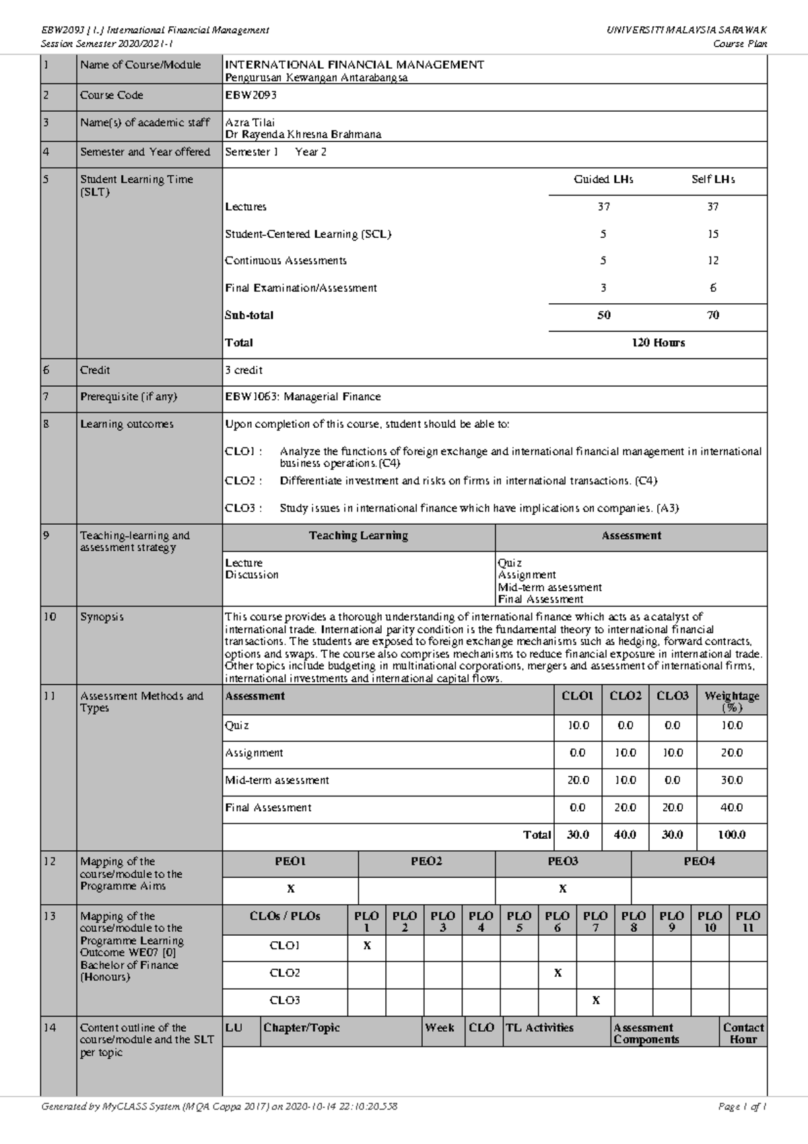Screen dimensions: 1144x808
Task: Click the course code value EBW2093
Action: pos(250,96)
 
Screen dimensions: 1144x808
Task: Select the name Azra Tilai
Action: pos(250,123)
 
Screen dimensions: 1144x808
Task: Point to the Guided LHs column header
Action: pos(603,180)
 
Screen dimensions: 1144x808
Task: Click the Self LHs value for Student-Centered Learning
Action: pos(712,234)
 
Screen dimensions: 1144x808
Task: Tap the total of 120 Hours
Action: pos(658,343)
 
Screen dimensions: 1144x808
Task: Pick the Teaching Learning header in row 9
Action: pos(358,536)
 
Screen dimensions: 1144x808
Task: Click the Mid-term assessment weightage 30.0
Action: pos(731,780)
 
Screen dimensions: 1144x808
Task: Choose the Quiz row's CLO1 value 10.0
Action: pos(577,726)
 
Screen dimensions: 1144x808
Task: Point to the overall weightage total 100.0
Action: pos(731,835)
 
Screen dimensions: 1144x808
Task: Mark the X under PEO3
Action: pos(563,889)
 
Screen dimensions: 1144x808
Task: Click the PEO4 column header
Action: pos(699,862)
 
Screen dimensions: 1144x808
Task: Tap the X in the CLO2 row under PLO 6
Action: pos(558,973)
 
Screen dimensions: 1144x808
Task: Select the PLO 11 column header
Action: pos(747,922)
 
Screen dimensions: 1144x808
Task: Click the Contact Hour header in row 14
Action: pos(743,1034)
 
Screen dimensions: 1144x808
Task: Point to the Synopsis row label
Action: pos(102,617)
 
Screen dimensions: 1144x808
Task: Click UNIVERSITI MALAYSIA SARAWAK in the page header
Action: pos(687,30)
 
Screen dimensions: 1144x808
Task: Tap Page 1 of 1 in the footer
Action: pos(743,1106)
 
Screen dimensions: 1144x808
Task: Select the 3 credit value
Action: pos(244,371)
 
